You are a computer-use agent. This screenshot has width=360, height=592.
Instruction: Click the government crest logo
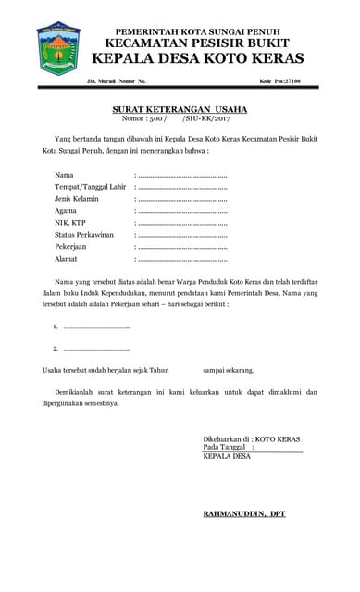(x=58, y=49)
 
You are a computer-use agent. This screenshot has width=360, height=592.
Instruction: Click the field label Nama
(x=64, y=175)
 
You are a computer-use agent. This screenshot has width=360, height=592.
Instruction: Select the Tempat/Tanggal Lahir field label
(x=90, y=187)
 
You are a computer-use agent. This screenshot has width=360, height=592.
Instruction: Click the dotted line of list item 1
(x=97, y=327)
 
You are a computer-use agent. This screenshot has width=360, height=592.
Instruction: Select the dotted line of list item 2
(x=97, y=349)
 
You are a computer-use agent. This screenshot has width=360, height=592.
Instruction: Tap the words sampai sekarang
(x=229, y=370)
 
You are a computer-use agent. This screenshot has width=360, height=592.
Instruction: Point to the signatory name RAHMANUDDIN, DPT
(x=244, y=513)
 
